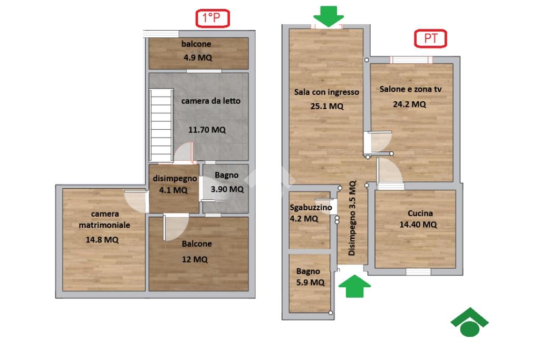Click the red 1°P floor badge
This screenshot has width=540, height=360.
(x=213, y=18)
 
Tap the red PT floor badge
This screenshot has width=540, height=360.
(x=430, y=38)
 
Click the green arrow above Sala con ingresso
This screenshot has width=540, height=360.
(x=329, y=16)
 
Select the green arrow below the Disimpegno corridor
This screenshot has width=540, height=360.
(x=355, y=286)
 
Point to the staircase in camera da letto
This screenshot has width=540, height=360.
(x=161, y=125)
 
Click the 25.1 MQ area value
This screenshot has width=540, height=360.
(x=327, y=106)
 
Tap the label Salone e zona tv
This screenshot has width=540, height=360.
(x=410, y=89)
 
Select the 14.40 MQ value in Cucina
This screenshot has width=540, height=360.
(x=418, y=225)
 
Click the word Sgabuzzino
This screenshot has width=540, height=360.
(x=311, y=208)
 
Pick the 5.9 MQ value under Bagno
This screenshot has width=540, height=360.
(x=310, y=283)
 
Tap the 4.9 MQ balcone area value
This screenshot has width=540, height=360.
(x=198, y=57)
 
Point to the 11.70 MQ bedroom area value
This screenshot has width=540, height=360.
(x=207, y=130)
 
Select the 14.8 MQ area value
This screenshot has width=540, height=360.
(x=102, y=240)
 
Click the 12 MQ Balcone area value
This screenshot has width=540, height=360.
(x=195, y=259)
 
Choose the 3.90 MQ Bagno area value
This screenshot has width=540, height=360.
(x=227, y=189)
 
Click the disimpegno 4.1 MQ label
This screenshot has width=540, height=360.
(x=175, y=184)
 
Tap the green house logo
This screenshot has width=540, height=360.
(x=469, y=322)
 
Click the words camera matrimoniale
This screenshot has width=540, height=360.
(x=104, y=220)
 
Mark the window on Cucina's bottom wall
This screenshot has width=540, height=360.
(x=418, y=271)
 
